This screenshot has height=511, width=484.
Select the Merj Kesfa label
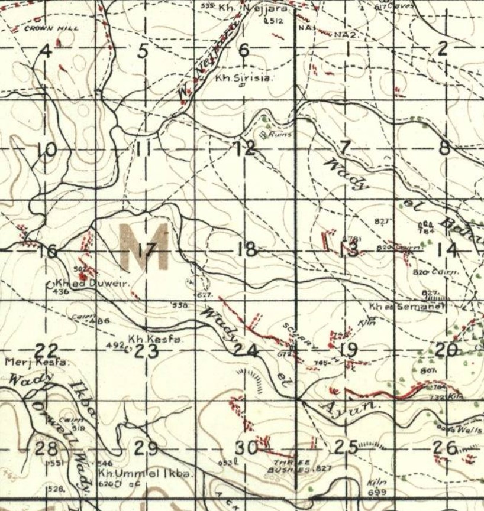pyautogui.click(x=28, y=361)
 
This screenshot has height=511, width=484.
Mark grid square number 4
pyautogui.click(x=46, y=50)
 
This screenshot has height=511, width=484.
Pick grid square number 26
pyautogui.click(x=445, y=448)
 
